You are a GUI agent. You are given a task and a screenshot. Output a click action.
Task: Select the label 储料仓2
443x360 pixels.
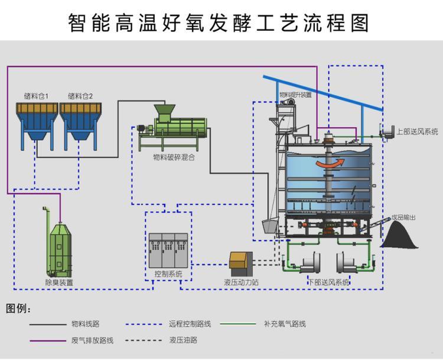(x=80, y=96)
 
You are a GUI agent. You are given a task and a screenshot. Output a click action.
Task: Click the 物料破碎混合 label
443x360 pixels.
(x=174, y=157)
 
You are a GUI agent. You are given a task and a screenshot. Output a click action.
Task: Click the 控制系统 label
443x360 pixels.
(x=168, y=274)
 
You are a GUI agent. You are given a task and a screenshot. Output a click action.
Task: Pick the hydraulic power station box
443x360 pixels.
(x=240, y=262)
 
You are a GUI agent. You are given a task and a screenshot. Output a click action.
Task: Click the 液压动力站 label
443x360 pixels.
(x=241, y=283)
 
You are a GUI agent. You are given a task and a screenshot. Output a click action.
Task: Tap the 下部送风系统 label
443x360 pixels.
(x=329, y=283)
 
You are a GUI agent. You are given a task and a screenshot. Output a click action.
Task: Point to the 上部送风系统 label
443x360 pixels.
(x=417, y=132)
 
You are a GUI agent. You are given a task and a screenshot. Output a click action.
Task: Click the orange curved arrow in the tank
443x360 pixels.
(x=328, y=163)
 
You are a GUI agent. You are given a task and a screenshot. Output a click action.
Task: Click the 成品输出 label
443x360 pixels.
(x=403, y=218)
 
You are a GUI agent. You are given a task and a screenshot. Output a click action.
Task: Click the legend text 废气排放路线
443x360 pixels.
(x=92, y=340)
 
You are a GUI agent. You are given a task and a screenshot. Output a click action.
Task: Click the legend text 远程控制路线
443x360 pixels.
(x=190, y=324)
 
